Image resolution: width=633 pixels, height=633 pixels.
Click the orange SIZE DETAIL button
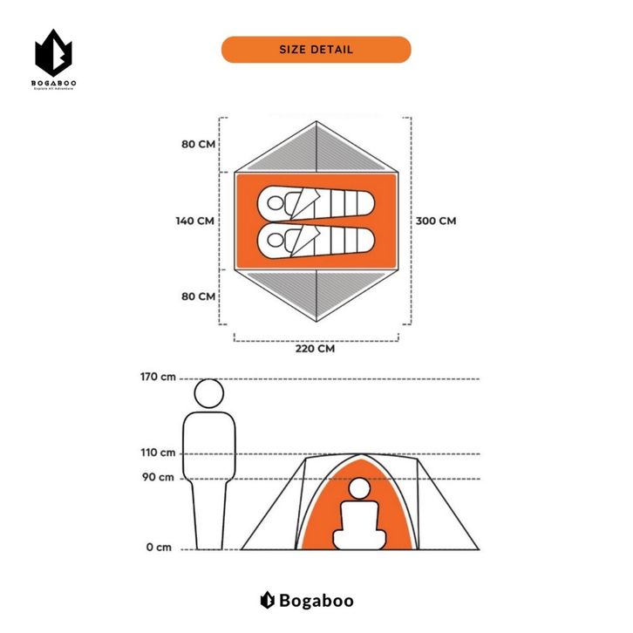[316, 50]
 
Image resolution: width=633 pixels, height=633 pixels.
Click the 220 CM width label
[314, 348]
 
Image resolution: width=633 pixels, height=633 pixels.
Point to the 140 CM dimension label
[194, 221]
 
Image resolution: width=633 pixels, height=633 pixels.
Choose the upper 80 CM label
[198, 144]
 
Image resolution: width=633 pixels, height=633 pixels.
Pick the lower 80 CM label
[198, 296]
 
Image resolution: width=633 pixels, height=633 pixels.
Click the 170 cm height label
[157, 378]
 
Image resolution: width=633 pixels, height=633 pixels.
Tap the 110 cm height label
[157, 453]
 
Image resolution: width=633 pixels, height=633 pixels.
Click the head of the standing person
[209, 394]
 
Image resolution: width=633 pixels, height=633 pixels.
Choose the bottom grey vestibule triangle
[315, 292]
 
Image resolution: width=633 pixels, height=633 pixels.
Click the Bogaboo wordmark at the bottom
[316, 600]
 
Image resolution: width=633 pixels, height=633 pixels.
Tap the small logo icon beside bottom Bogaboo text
[268, 600]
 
